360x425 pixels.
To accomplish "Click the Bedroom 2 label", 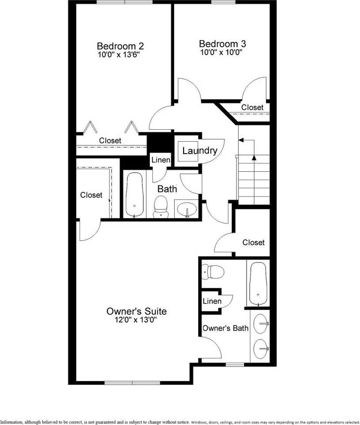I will tap(120, 46).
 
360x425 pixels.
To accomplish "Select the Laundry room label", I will tap(199, 151).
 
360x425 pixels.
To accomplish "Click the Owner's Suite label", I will tap(137, 311).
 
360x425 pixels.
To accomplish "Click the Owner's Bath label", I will tap(225, 328).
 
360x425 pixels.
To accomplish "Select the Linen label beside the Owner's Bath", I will tap(212, 301).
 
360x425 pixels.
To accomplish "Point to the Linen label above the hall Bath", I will tap(161, 160).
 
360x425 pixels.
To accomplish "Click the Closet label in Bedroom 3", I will tap(252, 108).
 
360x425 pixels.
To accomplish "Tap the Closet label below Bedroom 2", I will tap(110, 140).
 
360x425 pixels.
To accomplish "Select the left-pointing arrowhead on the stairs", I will tap(241, 140).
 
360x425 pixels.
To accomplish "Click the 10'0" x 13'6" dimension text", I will tap(120, 55).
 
